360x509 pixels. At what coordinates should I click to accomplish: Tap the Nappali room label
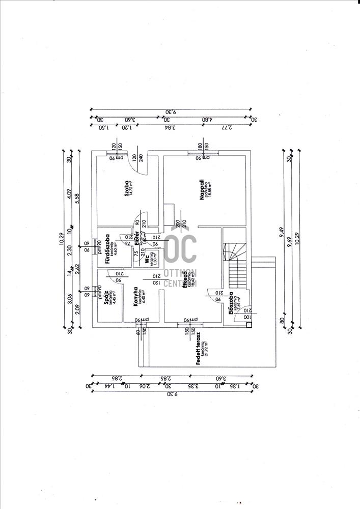pyautogui.click(x=202, y=187)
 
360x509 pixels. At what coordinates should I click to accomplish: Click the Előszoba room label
pyautogui.click(x=231, y=304)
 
